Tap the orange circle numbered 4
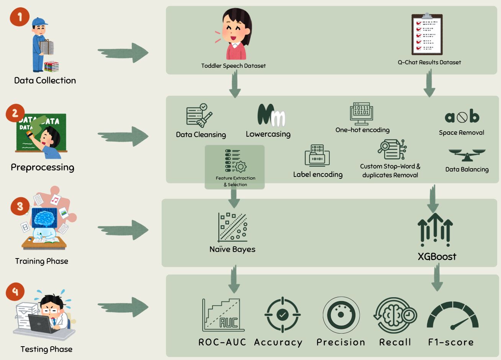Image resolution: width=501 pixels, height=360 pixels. tap(15, 292)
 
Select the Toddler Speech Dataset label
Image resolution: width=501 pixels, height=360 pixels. tap(233, 66)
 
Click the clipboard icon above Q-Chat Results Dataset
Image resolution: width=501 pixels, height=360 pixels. tap(427, 34)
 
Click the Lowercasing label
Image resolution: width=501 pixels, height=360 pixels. tap(268, 134)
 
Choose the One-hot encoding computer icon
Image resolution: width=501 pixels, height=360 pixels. tap(362, 114)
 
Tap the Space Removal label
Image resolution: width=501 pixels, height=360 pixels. tap(461, 133)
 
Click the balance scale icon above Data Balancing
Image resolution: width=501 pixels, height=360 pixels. tap(467, 155)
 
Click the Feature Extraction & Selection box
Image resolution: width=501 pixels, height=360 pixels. tap(235, 167)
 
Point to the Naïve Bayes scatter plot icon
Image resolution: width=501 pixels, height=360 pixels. tap(232, 227)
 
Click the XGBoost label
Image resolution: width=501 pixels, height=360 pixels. tap(437, 257)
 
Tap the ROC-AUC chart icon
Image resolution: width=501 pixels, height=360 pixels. tap(223, 315)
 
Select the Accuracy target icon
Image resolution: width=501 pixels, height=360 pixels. tap(282, 315)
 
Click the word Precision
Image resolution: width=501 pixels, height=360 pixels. tap(341, 342)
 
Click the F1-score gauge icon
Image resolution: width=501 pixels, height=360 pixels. tap(453, 316)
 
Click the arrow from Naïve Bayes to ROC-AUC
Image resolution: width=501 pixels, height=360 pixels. tap(233, 280)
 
